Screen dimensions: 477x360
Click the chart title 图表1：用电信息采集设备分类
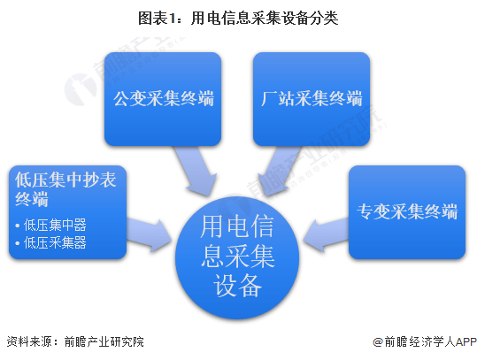coord(238,19)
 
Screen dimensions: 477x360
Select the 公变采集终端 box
coord(163,99)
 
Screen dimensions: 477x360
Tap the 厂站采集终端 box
coord(312,99)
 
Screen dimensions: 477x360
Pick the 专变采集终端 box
coord(407,212)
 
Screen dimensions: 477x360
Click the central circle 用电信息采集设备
coord(237,258)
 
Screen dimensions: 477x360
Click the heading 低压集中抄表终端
coord(65,189)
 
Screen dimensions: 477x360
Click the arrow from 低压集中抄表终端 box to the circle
coord(149,234)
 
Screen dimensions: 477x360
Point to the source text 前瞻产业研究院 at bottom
coord(104,342)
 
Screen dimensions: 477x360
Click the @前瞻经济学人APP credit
coord(425,342)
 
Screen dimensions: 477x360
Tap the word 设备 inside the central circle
coord(237,285)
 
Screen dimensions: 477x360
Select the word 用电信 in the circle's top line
coord(237,226)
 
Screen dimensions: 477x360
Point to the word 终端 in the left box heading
coord(32,199)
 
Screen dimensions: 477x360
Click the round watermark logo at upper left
coord(81,89)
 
